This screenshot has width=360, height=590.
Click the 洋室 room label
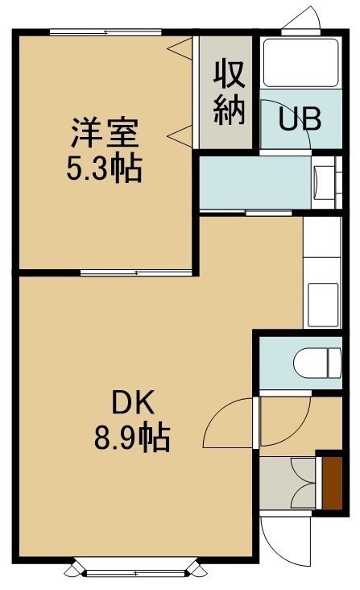click(x=105, y=132)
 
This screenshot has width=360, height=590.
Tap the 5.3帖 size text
click(x=105, y=168)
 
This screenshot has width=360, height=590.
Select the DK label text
click(x=133, y=403)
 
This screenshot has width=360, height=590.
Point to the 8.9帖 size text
click(x=132, y=438)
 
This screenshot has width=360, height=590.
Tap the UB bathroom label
click(x=300, y=119)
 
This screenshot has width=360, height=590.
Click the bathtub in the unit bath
click(x=300, y=63)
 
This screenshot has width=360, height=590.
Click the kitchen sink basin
click(x=323, y=305)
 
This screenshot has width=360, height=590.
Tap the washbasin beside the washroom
click(x=325, y=182)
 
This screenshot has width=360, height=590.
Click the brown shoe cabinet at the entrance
click(x=332, y=483)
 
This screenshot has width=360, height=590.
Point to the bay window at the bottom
click(x=135, y=573)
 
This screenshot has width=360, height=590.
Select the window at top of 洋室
click(x=106, y=32)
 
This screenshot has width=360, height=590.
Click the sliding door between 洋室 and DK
click(x=136, y=272)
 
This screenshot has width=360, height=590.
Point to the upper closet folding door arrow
click(x=180, y=48)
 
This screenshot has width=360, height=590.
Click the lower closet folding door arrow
click(x=180, y=136)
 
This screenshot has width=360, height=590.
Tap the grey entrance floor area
click(x=288, y=483)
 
